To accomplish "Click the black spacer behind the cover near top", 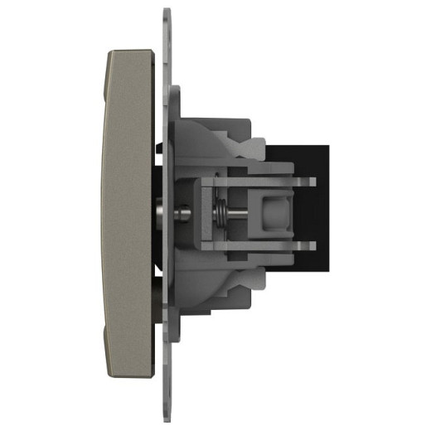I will click(158, 178).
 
